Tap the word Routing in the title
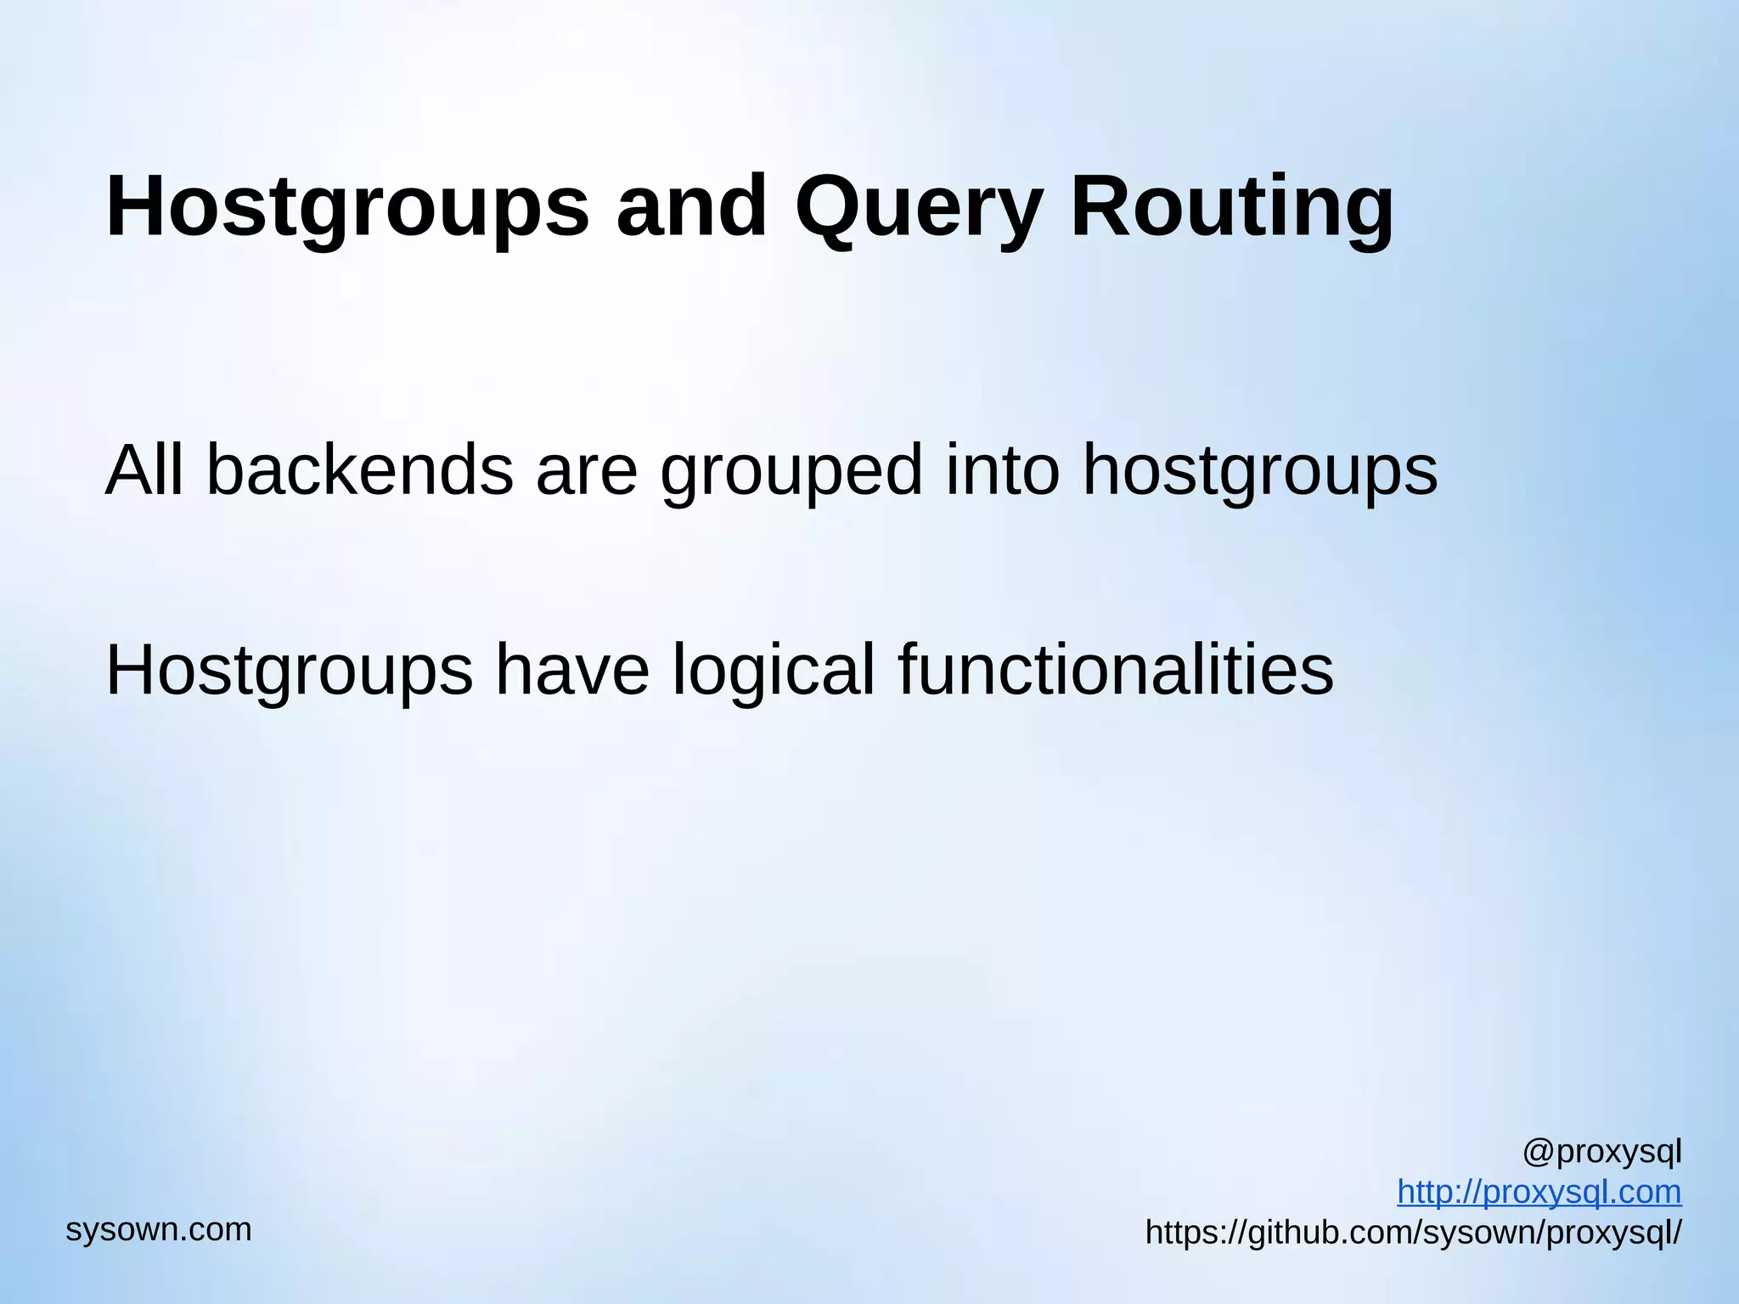pyautogui.click(x=1231, y=208)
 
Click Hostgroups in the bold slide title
pyautogui.click(x=347, y=208)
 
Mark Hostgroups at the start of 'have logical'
pyautogui.click(x=289, y=672)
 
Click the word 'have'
pyautogui.click(x=572, y=672)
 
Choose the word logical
pyautogui.click(x=773, y=672)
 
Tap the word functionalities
pyautogui.click(x=1116, y=670)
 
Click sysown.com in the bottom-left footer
pyautogui.click(x=159, y=1229)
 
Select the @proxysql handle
pyautogui.click(x=1601, y=1153)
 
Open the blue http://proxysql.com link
pyautogui.click(x=1539, y=1192)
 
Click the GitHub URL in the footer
pyautogui.click(x=1413, y=1232)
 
